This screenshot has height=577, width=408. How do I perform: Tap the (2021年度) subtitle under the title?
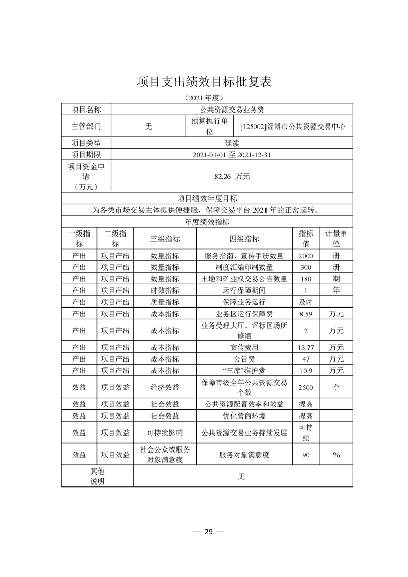(x=204, y=98)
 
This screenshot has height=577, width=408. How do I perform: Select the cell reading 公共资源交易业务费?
(x=232, y=110)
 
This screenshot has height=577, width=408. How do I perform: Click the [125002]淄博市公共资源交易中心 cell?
(x=293, y=126)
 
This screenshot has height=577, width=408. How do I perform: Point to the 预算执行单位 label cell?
(x=209, y=126)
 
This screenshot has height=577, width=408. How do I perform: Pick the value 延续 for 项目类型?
(x=232, y=143)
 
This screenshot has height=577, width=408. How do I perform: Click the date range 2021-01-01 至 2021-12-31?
(x=232, y=154)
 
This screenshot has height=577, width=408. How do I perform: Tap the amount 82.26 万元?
(x=232, y=176)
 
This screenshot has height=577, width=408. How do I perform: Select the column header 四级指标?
(x=244, y=238)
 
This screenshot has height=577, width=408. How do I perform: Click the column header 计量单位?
(x=336, y=238)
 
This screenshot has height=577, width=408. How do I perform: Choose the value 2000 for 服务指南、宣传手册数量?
(x=306, y=256)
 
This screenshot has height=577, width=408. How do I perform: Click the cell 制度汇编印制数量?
(x=244, y=267)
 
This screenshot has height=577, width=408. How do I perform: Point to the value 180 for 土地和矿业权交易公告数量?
(x=306, y=279)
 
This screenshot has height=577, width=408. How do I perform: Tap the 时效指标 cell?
(x=165, y=291)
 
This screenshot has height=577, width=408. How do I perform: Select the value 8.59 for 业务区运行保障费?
(x=306, y=314)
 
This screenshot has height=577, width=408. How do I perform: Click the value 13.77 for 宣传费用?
(x=306, y=347)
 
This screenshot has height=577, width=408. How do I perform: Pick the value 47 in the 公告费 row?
(x=306, y=359)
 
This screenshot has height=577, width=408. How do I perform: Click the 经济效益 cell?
(x=165, y=387)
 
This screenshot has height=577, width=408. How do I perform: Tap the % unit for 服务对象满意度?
(x=336, y=455)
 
